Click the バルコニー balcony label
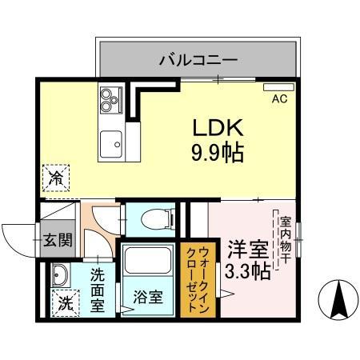[198, 58]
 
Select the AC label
[279, 99]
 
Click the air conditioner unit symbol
[279, 86]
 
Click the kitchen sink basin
[109, 144]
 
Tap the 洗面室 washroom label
[98, 290]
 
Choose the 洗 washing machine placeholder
[64, 303]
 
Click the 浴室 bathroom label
[148, 298]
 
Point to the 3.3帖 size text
[248, 270]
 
